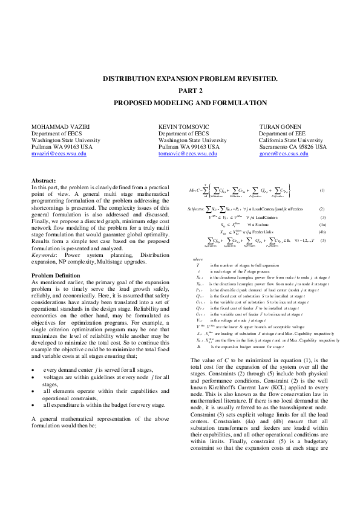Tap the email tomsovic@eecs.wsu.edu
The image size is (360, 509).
[188, 154]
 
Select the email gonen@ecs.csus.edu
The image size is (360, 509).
[284, 154]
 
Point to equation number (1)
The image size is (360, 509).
[322, 190]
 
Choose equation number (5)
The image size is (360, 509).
[322, 241]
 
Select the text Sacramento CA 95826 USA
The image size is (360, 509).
[293, 147]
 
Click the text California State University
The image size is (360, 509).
[292, 140]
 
